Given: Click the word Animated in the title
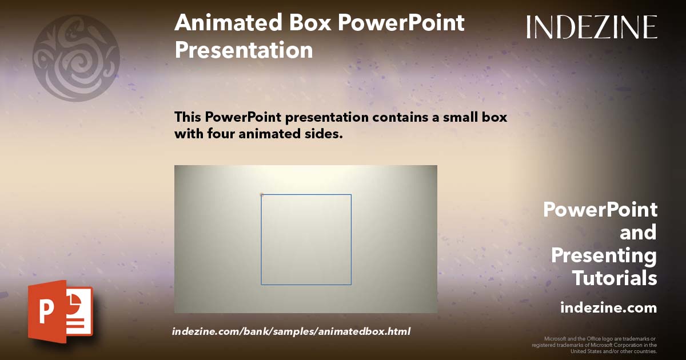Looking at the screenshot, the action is tap(228, 22).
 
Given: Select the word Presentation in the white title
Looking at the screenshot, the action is tap(244, 50).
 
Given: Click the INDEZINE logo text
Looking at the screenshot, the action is tap(592, 27).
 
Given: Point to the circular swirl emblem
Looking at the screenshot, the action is tap(76, 58).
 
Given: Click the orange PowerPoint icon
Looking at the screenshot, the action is tap(61, 311).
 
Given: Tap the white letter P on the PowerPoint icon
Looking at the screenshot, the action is tap(46, 311).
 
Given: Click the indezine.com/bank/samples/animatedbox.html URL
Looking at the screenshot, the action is tap(291, 331).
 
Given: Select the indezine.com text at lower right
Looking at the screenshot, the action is tap(608, 307).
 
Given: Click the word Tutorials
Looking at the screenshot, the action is tap(615, 278).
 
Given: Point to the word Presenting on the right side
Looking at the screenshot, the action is tap(604, 255).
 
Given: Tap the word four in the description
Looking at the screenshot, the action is tap(221, 134).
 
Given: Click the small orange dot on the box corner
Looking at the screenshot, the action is tap(262, 194).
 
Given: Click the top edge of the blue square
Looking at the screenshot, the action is tap(306, 194).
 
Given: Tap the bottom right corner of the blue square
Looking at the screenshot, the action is tap(351, 285).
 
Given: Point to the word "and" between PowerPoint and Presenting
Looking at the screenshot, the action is tap(638, 233).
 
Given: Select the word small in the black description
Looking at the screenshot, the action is tap(460, 117).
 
